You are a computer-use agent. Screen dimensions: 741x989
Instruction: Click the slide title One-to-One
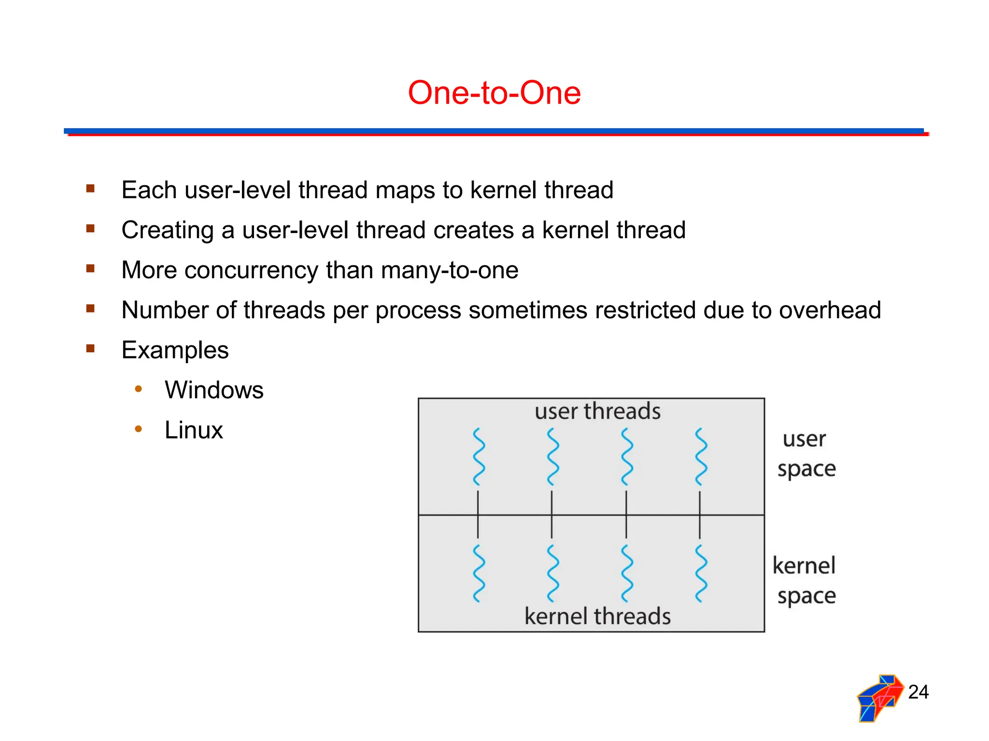coord(494,93)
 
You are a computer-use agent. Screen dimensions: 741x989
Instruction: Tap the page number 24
coord(918,692)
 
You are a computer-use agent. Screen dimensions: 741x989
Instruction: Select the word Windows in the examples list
coord(214,390)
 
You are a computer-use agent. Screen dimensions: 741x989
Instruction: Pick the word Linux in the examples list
coord(194,430)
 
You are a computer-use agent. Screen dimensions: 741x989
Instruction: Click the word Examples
coord(175,350)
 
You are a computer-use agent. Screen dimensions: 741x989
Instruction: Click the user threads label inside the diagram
coord(597,411)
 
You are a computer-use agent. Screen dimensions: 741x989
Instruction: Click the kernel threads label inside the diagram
coord(597,616)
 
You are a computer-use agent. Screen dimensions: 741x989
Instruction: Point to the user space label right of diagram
coord(806,454)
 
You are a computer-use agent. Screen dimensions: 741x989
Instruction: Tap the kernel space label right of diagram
coord(805,580)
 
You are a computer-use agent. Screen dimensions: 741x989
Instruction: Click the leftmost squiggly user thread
coord(478,456)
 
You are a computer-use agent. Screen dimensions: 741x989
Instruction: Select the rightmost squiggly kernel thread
coord(701,574)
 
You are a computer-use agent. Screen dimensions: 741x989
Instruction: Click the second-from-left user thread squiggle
coord(552,456)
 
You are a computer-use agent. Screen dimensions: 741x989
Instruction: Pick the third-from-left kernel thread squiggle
coord(626,574)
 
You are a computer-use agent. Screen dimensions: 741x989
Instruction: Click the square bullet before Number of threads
coord(90,308)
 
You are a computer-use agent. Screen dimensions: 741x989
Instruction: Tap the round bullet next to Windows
coord(139,389)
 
